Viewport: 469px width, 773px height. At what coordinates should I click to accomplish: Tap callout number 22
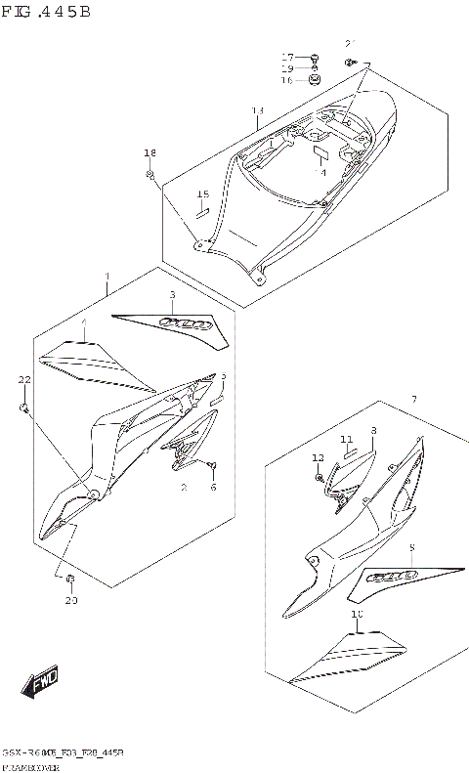(x=25, y=379)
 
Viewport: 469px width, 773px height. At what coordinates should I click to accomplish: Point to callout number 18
(x=149, y=153)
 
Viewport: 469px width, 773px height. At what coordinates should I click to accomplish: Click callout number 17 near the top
(x=288, y=57)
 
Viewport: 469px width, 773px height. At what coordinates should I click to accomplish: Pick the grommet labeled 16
(x=315, y=81)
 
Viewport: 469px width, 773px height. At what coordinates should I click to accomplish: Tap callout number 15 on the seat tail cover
(x=203, y=193)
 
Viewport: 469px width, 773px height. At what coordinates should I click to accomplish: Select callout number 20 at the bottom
(x=70, y=601)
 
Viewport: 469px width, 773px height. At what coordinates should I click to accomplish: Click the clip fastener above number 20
(x=70, y=580)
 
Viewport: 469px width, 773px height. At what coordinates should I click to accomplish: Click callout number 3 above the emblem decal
(x=172, y=294)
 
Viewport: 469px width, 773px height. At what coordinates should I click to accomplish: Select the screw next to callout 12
(x=320, y=477)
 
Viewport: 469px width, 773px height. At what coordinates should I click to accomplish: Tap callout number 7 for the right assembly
(x=414, y=400)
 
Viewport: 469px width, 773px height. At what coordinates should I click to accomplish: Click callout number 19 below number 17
(x=288, y=68)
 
